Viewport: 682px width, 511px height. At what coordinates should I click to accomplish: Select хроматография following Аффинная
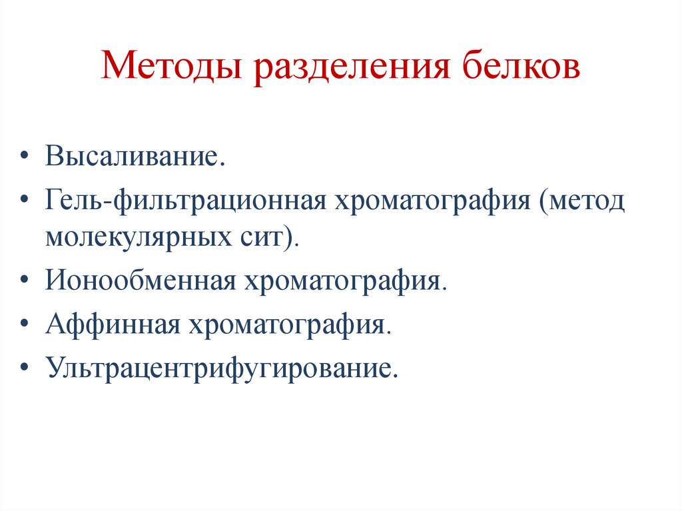point(286,324)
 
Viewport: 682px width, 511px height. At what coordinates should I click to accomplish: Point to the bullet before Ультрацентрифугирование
point(25,366)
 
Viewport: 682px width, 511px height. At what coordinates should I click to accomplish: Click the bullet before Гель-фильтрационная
point(25,200)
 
